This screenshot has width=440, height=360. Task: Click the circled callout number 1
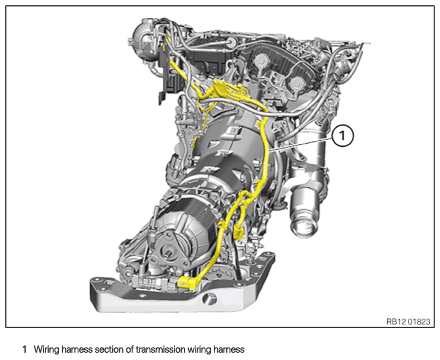(343, 136)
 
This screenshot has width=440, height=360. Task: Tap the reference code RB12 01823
(409, 321)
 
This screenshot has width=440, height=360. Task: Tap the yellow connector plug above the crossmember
(187, 283)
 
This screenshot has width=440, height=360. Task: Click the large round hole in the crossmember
(210, 299)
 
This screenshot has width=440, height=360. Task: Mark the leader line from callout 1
(300, 144)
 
